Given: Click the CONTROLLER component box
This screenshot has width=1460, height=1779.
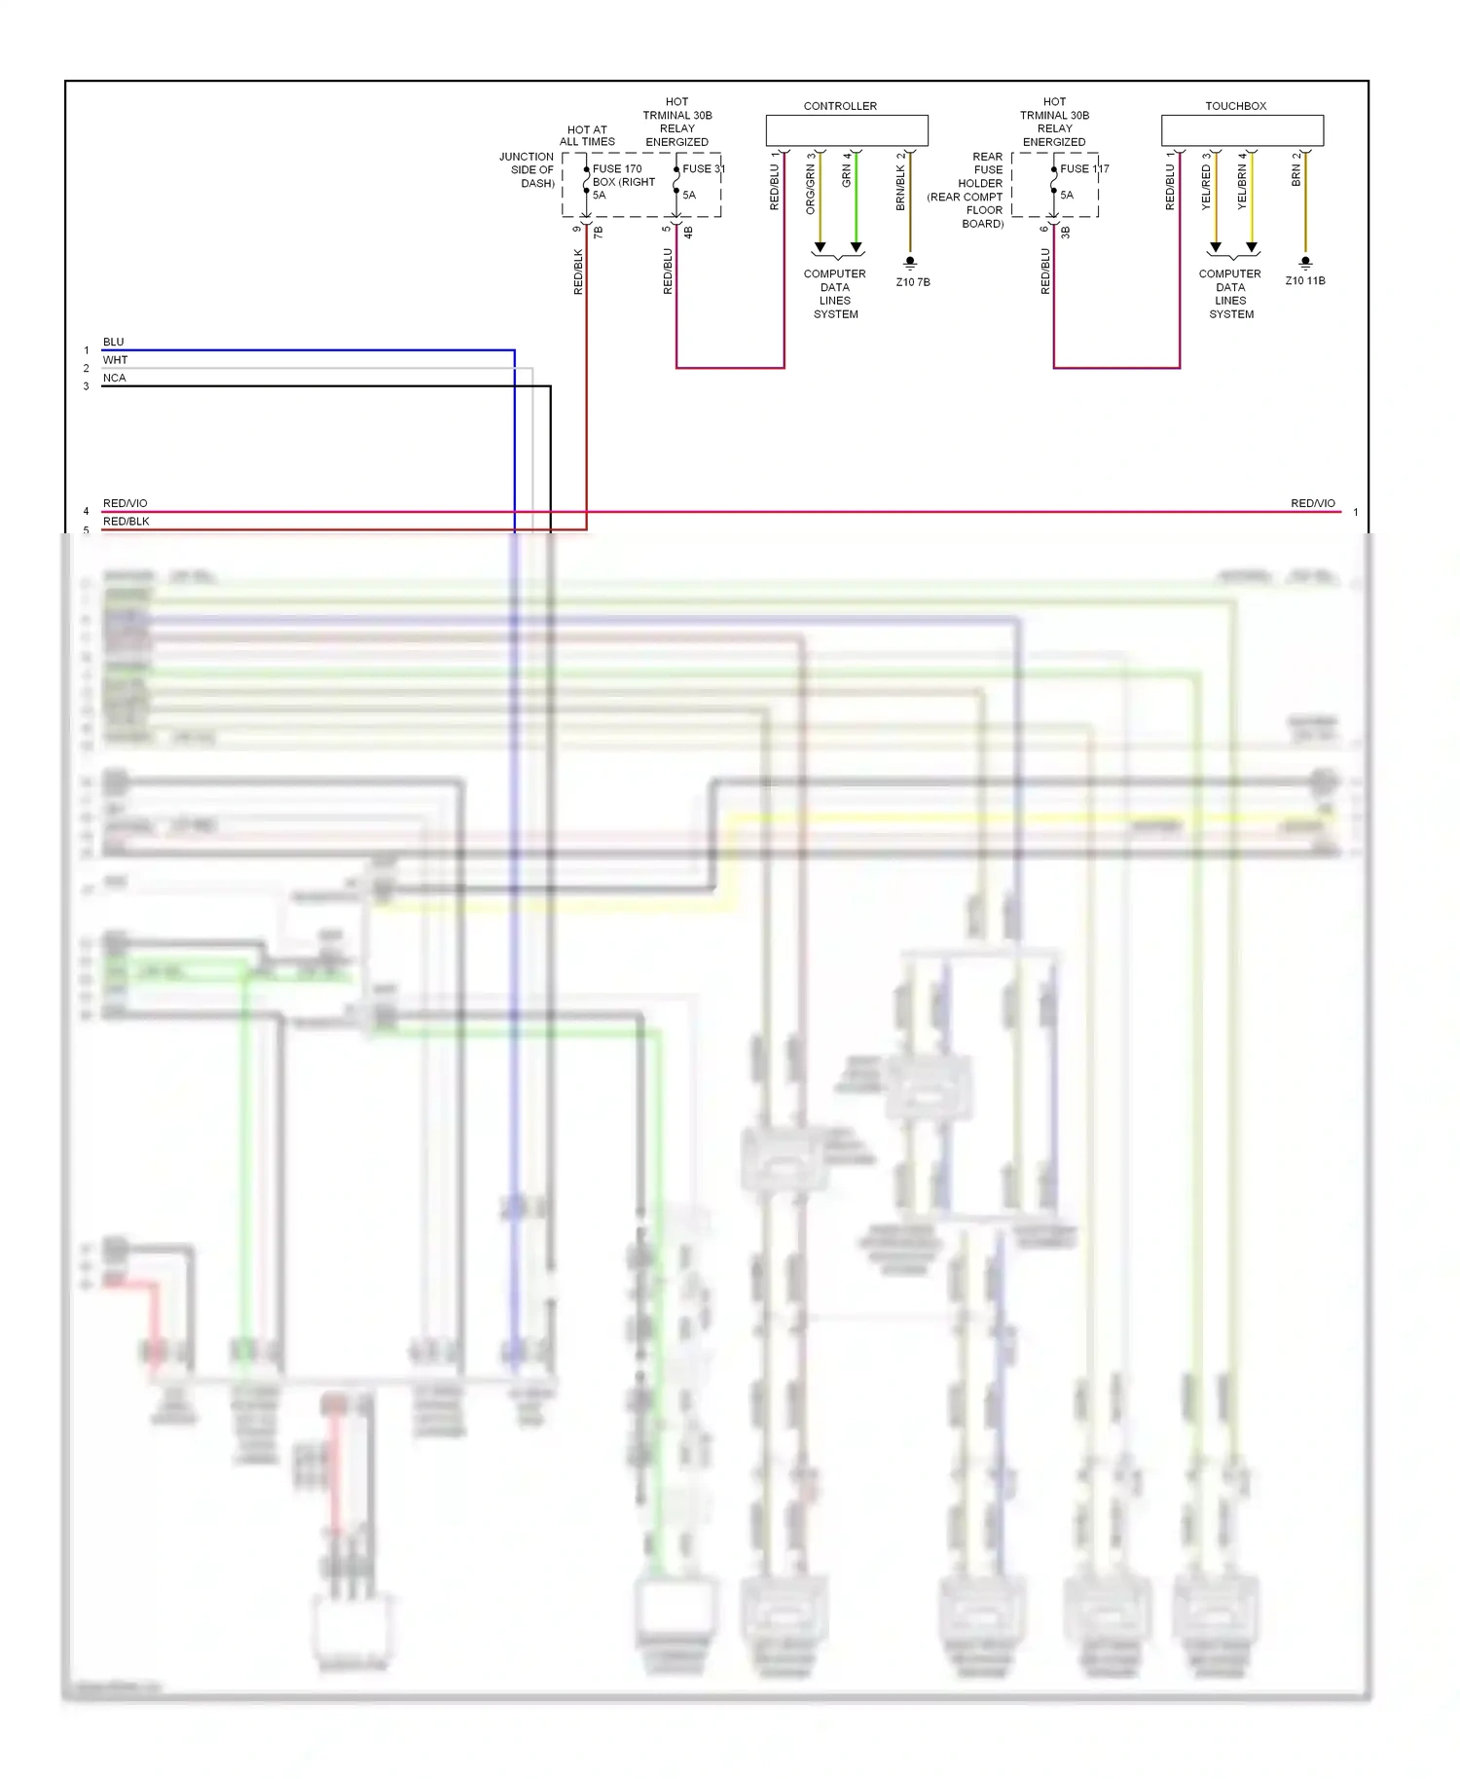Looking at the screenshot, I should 846,130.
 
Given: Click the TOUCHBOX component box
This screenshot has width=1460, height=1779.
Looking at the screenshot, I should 1241,130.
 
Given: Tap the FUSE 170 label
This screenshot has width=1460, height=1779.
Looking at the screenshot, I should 617,168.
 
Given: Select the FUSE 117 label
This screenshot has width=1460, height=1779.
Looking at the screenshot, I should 1084,168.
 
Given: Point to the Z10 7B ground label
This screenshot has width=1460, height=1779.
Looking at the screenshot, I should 912,282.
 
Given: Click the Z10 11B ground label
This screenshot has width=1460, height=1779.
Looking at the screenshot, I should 1304,280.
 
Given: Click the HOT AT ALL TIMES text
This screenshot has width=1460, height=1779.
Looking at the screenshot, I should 587,135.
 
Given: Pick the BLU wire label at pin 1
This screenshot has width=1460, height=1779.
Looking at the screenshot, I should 114,342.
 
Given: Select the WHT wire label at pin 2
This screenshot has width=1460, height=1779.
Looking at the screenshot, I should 115,360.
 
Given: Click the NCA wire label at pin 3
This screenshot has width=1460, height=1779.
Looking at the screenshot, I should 115,378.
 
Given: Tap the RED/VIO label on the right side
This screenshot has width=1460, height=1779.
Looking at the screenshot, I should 1312,503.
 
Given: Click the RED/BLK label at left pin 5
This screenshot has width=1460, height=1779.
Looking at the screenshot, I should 127,522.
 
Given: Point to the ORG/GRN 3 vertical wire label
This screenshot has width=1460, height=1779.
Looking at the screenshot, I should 810,184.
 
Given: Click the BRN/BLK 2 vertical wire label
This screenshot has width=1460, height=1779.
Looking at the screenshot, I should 900,182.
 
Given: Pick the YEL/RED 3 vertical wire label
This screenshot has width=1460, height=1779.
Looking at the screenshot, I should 1206,182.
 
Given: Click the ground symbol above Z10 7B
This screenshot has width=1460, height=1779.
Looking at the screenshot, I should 910,262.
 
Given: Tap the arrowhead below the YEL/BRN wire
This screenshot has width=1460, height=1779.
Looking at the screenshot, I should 1252,247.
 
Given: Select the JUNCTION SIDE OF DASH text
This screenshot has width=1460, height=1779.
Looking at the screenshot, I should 528,169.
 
